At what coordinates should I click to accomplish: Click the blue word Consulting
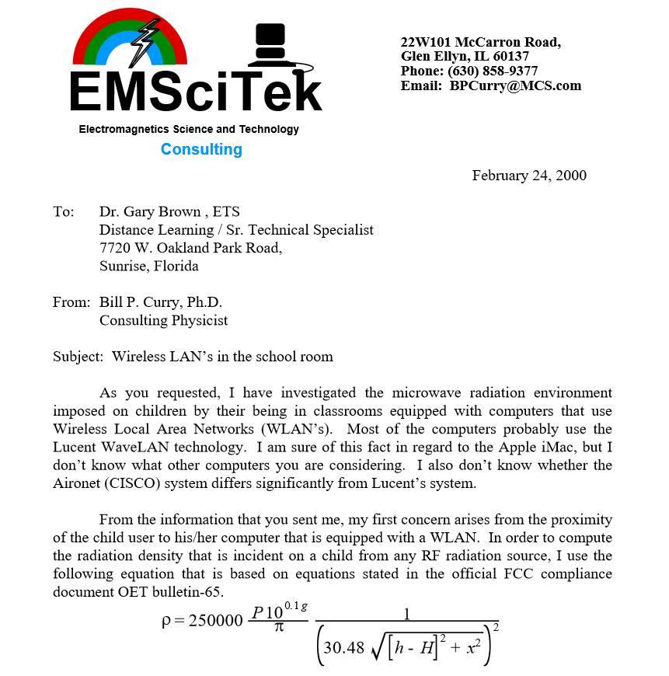click(x=201, y=149)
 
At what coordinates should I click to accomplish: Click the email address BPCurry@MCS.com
click(x=515, y=85)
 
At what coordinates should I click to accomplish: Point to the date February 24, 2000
click(x=529, y=176)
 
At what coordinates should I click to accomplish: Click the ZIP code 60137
click(x=510, y=56)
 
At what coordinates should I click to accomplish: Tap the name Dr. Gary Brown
click(x=147, y=211)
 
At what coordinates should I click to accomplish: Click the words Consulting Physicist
click(x=163, y=320)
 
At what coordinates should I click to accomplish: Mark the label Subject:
click(x=78, y=357)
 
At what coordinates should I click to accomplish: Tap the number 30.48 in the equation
click(x=343, y=646)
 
